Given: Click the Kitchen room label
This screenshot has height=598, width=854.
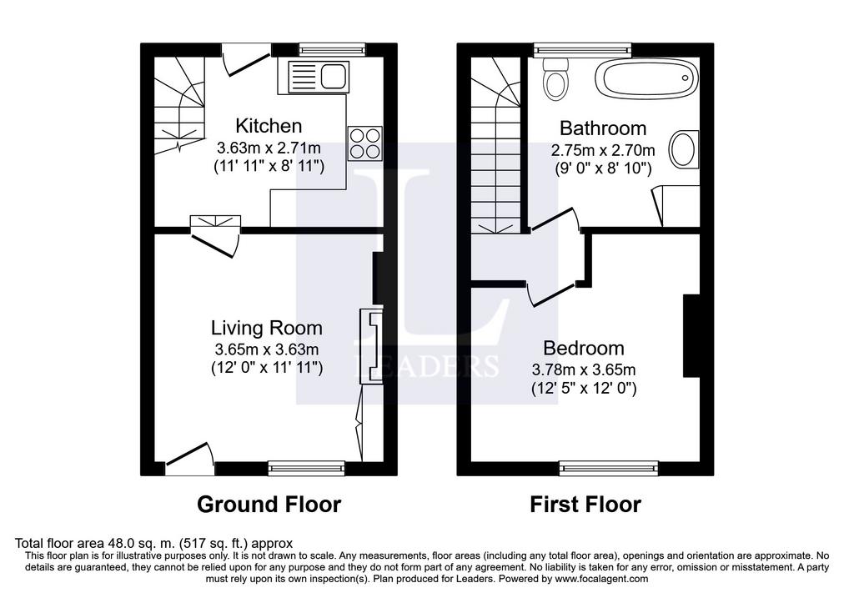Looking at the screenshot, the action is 269,126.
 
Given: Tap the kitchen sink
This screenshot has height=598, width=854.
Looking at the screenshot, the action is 318,76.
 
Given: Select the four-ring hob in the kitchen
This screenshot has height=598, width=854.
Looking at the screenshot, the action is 365,143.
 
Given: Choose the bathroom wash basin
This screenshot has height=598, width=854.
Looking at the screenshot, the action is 683,148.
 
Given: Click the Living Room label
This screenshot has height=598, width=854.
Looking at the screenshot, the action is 267,328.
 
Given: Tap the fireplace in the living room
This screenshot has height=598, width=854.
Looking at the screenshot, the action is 371,346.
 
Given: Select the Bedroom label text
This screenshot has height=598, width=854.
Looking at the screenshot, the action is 584,348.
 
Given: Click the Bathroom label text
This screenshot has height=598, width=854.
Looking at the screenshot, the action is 603,128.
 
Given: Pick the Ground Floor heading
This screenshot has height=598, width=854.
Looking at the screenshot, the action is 269,505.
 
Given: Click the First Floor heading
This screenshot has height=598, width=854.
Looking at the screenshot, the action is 585,505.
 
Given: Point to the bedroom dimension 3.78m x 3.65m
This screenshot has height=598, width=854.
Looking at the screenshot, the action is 584,369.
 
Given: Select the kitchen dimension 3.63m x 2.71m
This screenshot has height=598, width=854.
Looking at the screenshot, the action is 269,148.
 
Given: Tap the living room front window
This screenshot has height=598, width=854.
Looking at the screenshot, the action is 307,468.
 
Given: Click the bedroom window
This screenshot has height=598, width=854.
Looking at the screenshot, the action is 610,468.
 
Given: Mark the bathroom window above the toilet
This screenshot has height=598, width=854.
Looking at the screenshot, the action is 582,50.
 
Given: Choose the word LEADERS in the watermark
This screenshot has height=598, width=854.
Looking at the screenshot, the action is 426,365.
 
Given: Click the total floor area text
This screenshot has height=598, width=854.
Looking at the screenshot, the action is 153,543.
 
